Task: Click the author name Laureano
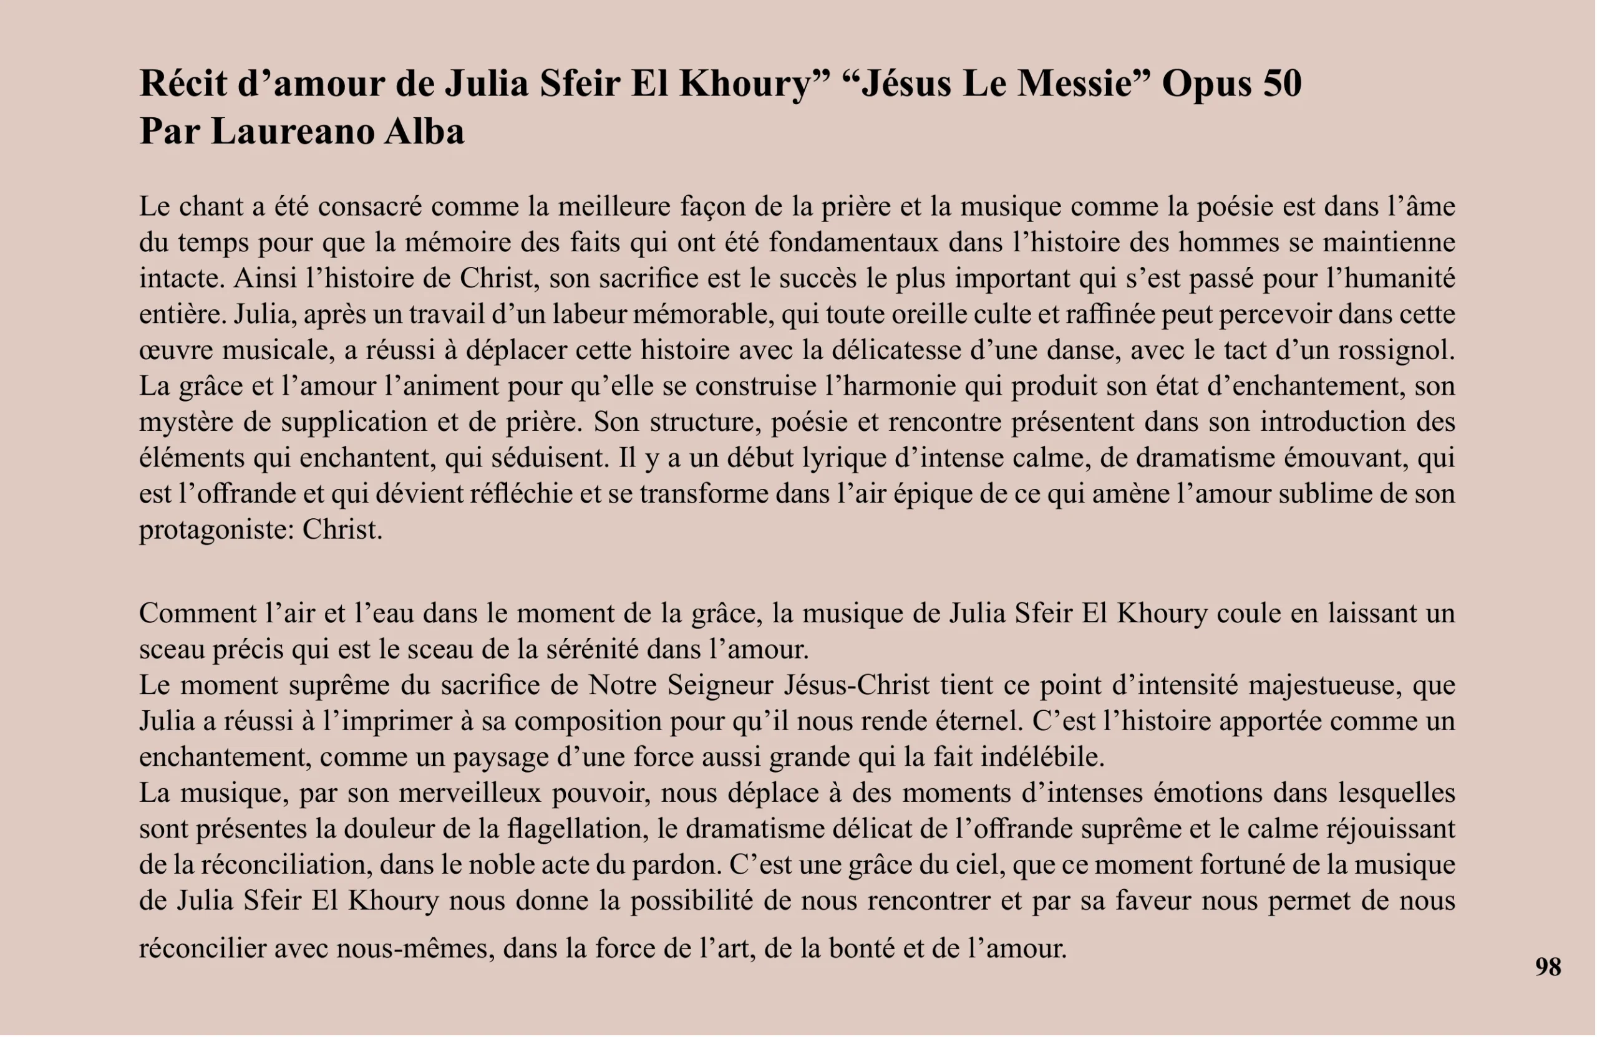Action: pyautogui.click(x=292, y=132)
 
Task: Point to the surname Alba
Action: pyautogui.click(x=424, y=132)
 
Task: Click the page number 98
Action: pyautogui.click(x=1548, y=967)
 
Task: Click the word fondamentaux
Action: pyautogui.click(x=853, y=242)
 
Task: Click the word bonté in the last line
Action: pyautogui.click(x=862, y=948)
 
